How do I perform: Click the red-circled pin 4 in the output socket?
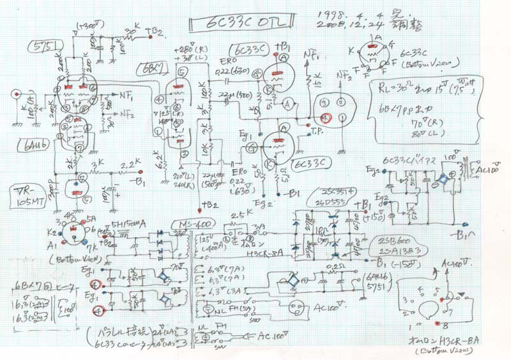tap(326, 117)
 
